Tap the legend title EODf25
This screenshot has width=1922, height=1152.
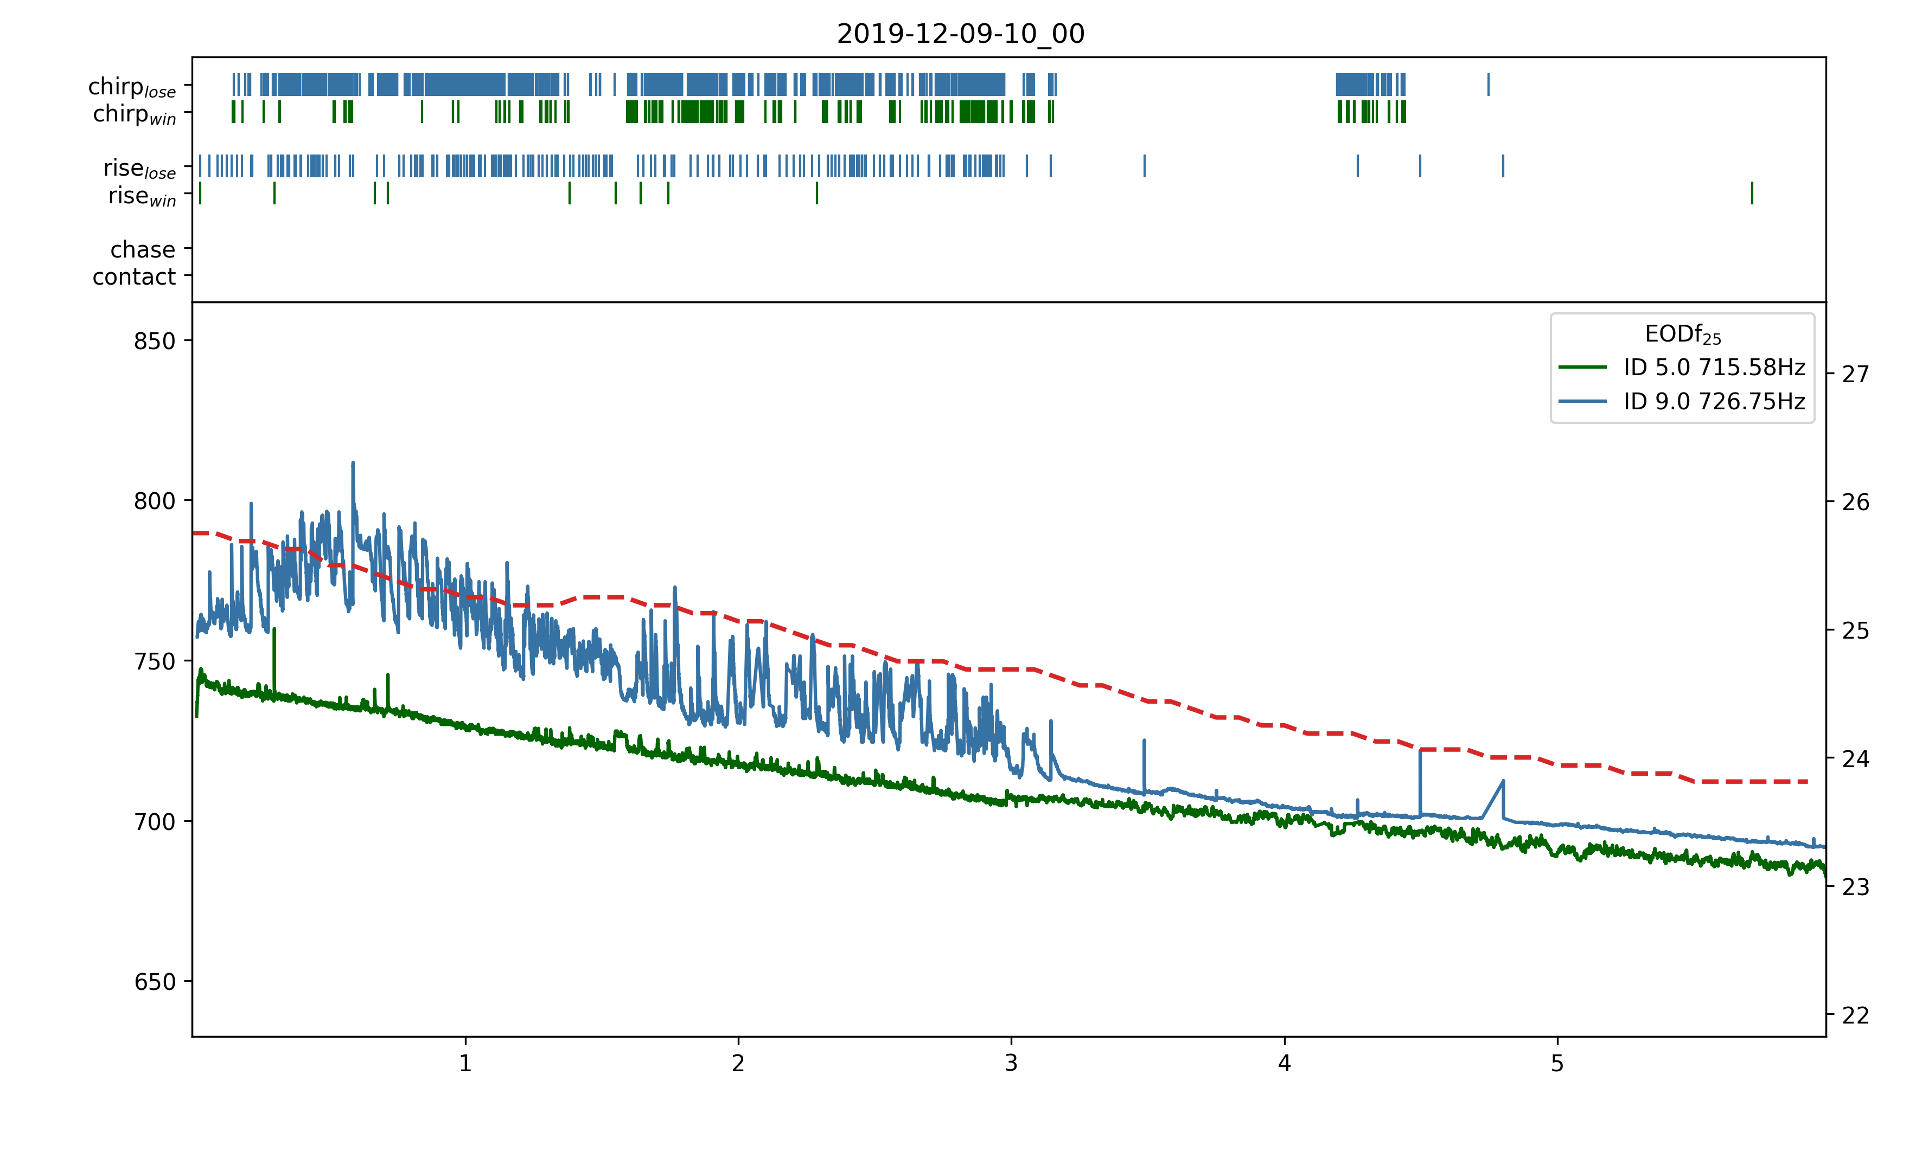point(1682,334)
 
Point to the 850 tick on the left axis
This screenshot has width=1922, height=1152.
point(155,341)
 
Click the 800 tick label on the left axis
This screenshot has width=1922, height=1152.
point(155,501)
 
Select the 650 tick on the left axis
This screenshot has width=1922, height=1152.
point(155,982)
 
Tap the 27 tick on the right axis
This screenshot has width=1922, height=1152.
point(1855,374)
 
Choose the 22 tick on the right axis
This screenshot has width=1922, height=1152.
point(1855,1015)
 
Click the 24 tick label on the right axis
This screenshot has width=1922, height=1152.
point(1855,758)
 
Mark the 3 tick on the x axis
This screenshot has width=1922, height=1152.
point(1011,1063)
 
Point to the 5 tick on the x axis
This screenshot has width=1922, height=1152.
point(1557,1063)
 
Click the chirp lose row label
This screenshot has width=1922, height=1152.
point(132,86)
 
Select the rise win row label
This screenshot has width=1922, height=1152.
point(142,196)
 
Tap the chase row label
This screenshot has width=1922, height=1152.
point(143,249)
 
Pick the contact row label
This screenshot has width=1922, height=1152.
point(135,276)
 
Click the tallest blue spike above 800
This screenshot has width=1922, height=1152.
point(353,464)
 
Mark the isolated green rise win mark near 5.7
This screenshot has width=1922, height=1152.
point(1752,192)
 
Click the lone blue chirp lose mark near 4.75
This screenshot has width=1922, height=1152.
point(1488,84)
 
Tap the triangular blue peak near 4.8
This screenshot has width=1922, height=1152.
point(1503,782)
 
